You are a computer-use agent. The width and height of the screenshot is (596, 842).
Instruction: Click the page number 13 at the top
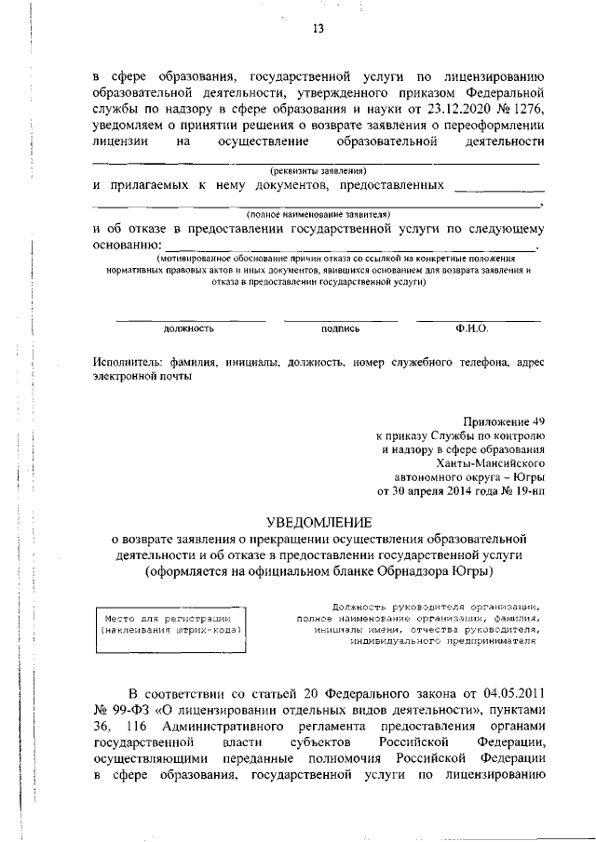(318, 29)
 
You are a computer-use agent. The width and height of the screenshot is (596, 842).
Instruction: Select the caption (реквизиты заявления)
(318, 170)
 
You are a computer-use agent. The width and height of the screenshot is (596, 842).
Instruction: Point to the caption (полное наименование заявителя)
(318, 213)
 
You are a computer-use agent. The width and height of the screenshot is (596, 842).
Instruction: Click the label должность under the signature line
(189, 328)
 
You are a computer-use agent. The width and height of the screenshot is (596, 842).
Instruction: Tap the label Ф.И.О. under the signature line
(472, 328)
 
